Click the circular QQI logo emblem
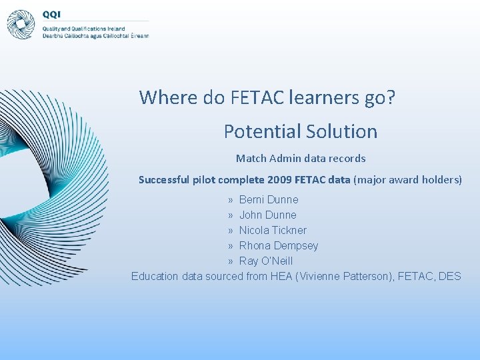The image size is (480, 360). (x=21, y=25)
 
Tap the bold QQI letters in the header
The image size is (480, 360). (x=51, y=15)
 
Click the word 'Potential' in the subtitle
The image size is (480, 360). (x=262, y=131)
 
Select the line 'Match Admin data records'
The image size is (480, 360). (x=301, y=159)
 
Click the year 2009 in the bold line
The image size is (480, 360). (x=279, y=180)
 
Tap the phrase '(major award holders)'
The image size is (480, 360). (x=407, y=180)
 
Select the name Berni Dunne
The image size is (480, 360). (x=269, y=199)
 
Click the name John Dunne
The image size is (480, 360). (x=267, y=215)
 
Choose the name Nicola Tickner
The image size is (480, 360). (x=273, y=230)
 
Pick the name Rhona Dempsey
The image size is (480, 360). (x=279, y=245)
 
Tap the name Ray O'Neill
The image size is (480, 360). (x=266, y=261)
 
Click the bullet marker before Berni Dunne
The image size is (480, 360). (x=229, y=199)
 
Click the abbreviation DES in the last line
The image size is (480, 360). (x=450, y=276)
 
